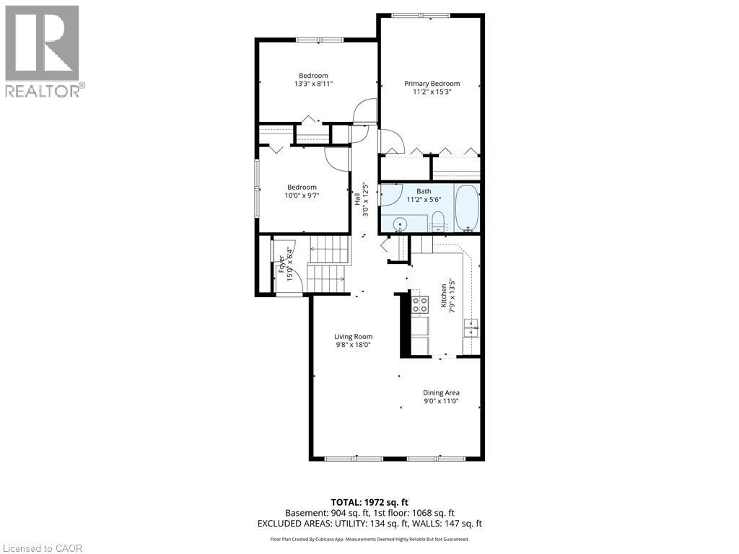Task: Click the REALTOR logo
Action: coord(43,51)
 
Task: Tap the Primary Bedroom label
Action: coord(432,84)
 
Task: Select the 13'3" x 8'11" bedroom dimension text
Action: coord(313,84)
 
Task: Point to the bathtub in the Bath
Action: coord(468,208)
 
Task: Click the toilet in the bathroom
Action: coord(438,226)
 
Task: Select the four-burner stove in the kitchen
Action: coord(420,304)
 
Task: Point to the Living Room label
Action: coord(353,336)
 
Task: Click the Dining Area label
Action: coord(441,392)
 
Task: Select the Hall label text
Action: coord(357,196)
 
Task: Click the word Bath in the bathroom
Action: coord(424,191)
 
